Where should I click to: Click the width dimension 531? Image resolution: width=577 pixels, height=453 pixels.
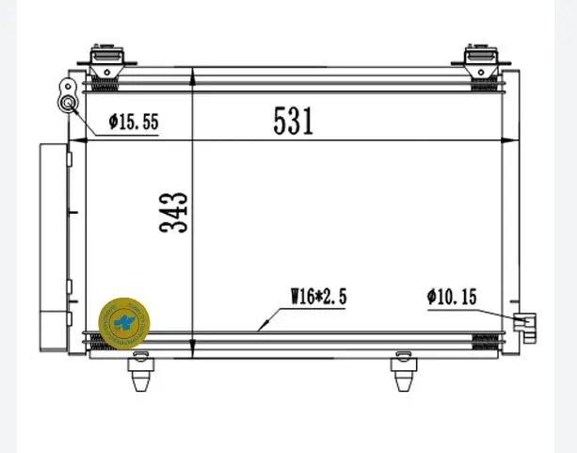pos(293,120)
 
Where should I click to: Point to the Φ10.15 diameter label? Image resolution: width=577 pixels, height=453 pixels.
pos(452,297)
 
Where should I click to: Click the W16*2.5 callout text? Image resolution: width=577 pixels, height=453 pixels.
pos(318,297)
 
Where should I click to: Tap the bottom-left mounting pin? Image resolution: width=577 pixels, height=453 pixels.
pos(140,371)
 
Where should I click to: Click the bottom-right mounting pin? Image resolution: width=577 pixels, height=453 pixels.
pos(402,371)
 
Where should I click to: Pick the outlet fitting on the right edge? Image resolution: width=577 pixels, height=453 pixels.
pos(524,325)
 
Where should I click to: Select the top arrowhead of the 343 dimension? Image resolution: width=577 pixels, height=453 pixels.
pos(192,73)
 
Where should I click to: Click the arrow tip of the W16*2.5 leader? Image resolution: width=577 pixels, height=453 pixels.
pos(258,331)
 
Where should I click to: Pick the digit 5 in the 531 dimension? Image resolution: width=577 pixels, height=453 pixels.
pos(280,120)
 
